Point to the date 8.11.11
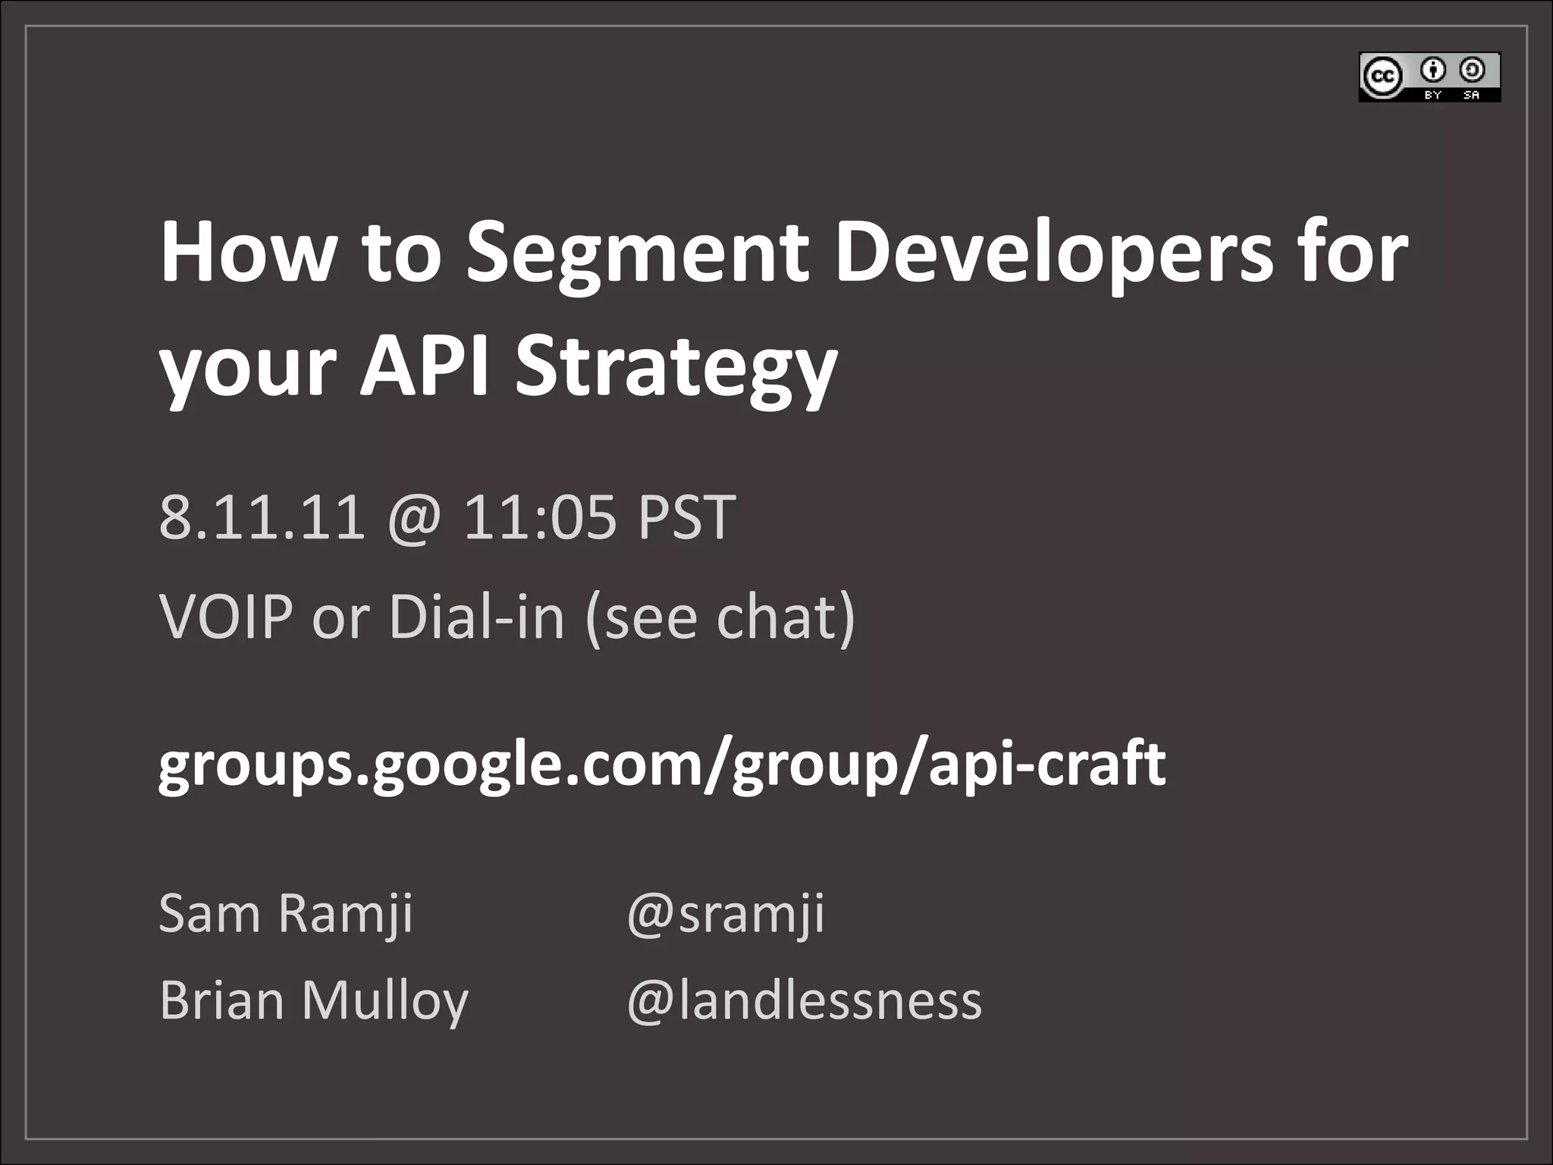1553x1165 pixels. [x=262, y=517]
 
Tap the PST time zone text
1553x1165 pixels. [x=686, y=517]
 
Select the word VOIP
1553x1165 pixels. [x=226, y=617]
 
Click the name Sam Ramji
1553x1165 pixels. [x=286, y=913]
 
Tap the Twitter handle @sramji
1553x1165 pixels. [x=725, y=913]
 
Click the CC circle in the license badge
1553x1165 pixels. [x=1381, y=77]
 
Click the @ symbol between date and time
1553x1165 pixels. [x=414, y=519]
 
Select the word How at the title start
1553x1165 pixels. [x=246, y=254]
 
